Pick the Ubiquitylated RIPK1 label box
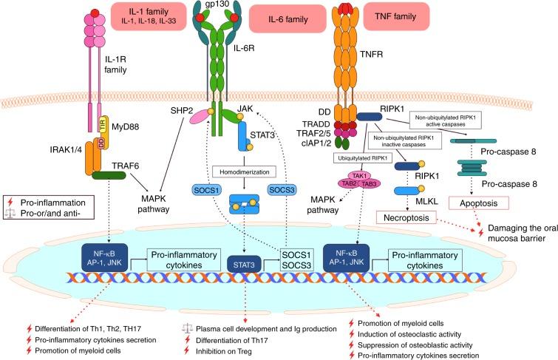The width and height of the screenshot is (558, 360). click(359, 157)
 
